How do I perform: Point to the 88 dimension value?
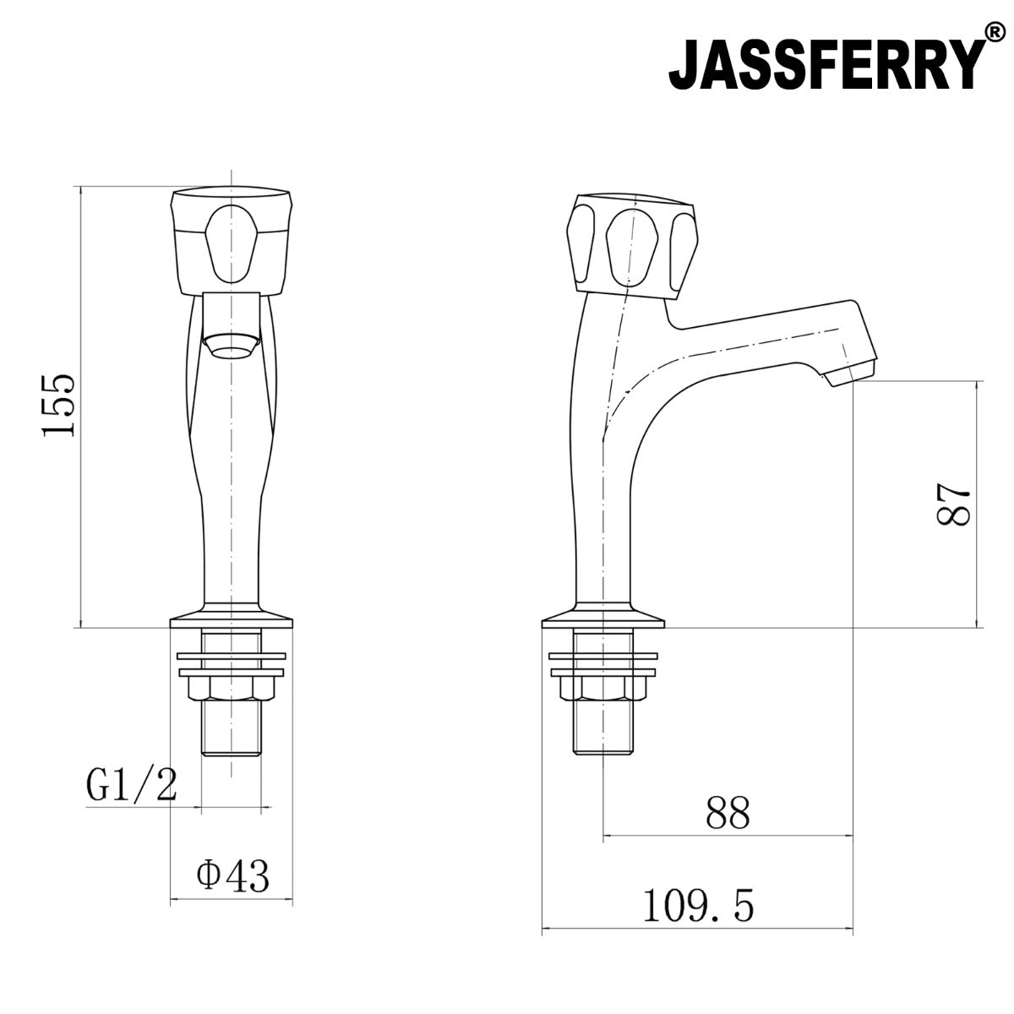click(x=727, y=814)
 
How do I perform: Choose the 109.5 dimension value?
click(x=698, y=907)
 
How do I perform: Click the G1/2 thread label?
click(x=131, y=786)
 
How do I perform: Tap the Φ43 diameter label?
click(x=232, y=876)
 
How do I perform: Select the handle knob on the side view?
click(x=632, y=245)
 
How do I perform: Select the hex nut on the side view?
click(x=602, y=689)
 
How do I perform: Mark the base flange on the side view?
click(x=602, y=619)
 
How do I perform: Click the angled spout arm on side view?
click(x=760, y=338)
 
